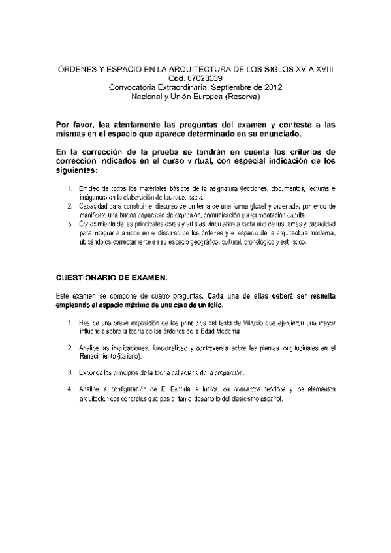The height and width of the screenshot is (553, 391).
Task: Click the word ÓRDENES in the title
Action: [69, 70]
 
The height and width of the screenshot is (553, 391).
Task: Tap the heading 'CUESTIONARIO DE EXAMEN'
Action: [112, 276]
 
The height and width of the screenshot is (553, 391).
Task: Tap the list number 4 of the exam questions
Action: [70, 389]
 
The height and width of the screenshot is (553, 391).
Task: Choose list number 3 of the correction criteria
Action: [70, 224]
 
